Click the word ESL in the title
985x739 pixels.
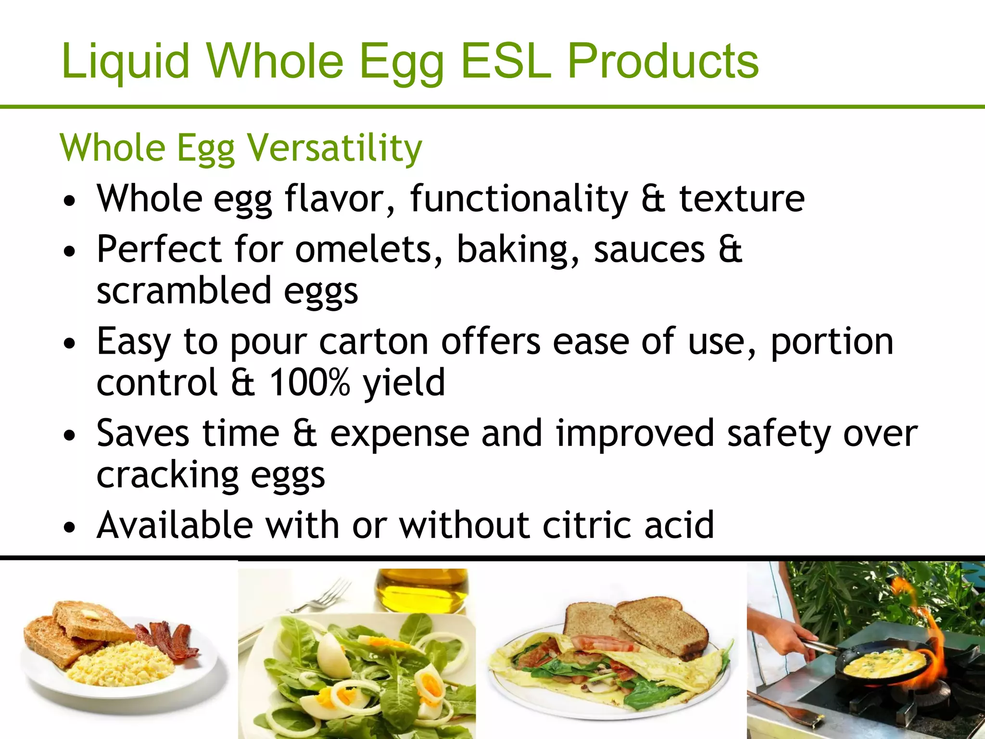coord(505,61)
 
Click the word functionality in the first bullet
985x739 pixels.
coord(519,198)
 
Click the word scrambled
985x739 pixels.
coord(184,291)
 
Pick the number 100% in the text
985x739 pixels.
coord(309,382)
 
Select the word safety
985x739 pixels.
coord(779,433)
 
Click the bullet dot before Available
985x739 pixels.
coord(70,527)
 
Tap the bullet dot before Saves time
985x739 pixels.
coord(70,436)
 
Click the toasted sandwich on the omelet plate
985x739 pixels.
coord(640,623)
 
